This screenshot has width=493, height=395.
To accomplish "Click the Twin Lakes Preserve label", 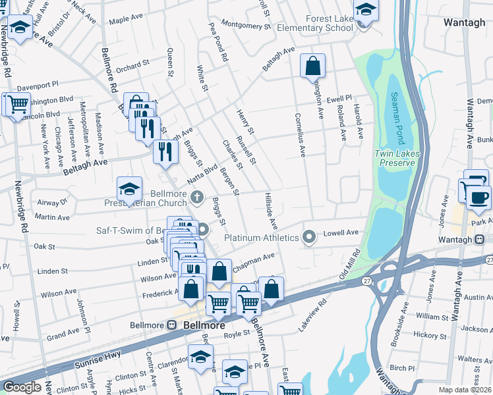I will (394, 158).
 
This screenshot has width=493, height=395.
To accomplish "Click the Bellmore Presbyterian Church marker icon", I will (196, 196).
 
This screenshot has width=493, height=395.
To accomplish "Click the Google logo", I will (22, 387).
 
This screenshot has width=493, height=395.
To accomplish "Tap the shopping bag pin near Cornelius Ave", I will (312, 67).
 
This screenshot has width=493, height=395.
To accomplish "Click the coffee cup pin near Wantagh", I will (478, 199).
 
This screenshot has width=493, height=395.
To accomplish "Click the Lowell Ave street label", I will (340, 232).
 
